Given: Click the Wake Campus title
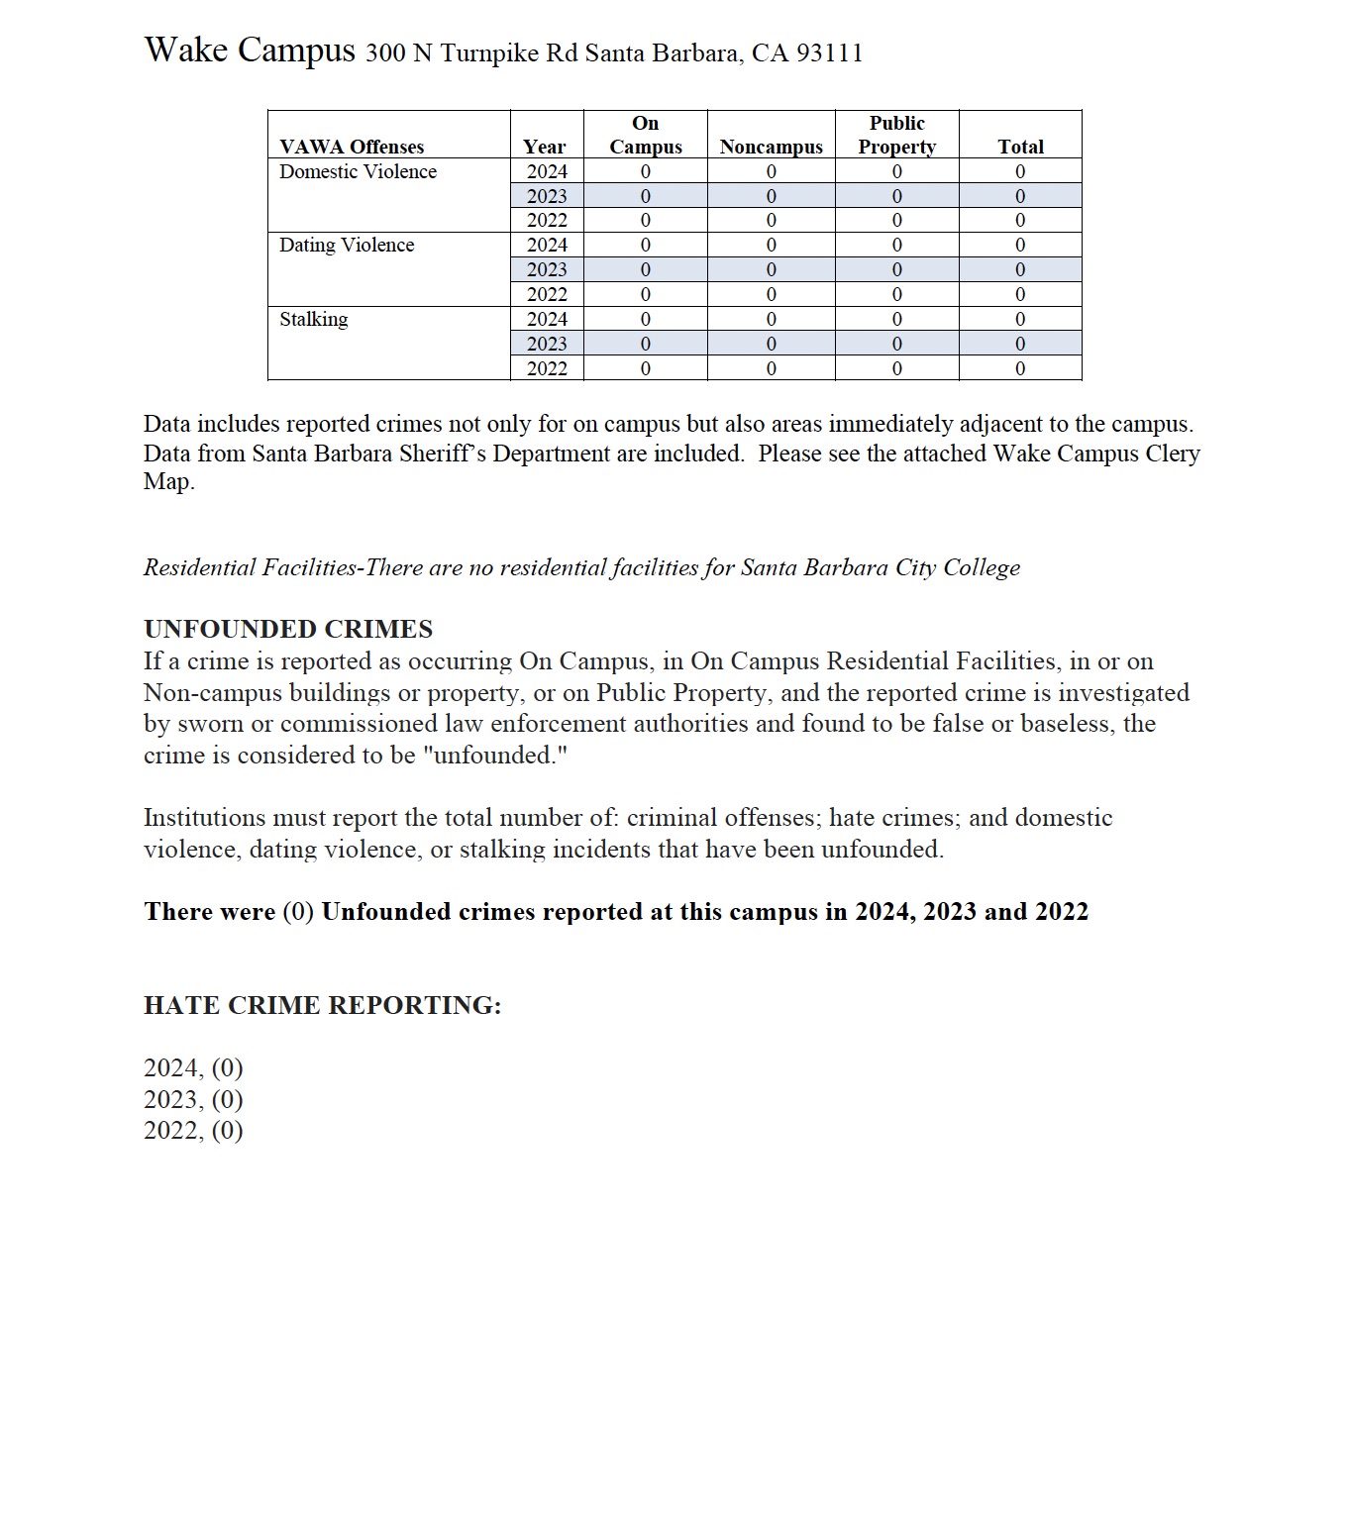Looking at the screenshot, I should (x=249, y=50).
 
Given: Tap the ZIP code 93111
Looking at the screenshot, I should (x=829, y=53).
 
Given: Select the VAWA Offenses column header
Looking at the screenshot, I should (x=352, y=147).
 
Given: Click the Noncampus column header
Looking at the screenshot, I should (x=771, y=147).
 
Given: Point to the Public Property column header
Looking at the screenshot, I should (x=896, y=135).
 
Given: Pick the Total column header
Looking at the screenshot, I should (x=1020, y=147).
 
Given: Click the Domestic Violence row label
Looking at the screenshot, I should (x=358, y=171).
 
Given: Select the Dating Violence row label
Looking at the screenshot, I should (x=347, y=245).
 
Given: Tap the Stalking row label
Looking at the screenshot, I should (x=313, y=319).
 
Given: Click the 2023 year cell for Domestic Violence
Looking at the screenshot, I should (x=547, y=196).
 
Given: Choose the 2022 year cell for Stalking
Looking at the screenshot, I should (x=547, y=368).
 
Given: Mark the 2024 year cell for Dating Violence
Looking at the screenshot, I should (x=547, y=245).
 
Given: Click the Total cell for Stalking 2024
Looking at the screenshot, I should (x=1020, y=319).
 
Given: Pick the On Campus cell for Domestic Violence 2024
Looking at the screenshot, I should (x=646, y=171).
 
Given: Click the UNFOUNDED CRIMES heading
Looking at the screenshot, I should (x=288, y=629).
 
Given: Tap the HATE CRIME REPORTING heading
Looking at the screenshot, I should (x=323, y=1005).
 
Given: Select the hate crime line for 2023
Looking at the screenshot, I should (x=193, y=1099).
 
